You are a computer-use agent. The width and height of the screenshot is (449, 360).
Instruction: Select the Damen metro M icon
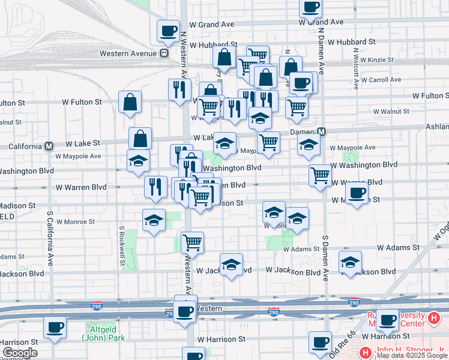pos(322,132)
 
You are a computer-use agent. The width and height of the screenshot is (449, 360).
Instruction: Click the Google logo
pos(20,353)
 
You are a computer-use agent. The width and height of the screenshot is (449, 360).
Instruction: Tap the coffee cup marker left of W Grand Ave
pos(168,30)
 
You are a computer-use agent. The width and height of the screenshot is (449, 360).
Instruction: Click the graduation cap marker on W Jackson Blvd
pos(232,264)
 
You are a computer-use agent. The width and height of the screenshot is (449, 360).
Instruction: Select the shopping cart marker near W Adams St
pos(193,242)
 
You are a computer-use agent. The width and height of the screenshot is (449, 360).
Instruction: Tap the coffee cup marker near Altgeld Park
pos(55,328)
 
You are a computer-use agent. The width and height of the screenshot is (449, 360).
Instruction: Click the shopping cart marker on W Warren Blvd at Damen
pos(321,175)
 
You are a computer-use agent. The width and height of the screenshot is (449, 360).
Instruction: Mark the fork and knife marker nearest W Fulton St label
pos(179,90)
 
